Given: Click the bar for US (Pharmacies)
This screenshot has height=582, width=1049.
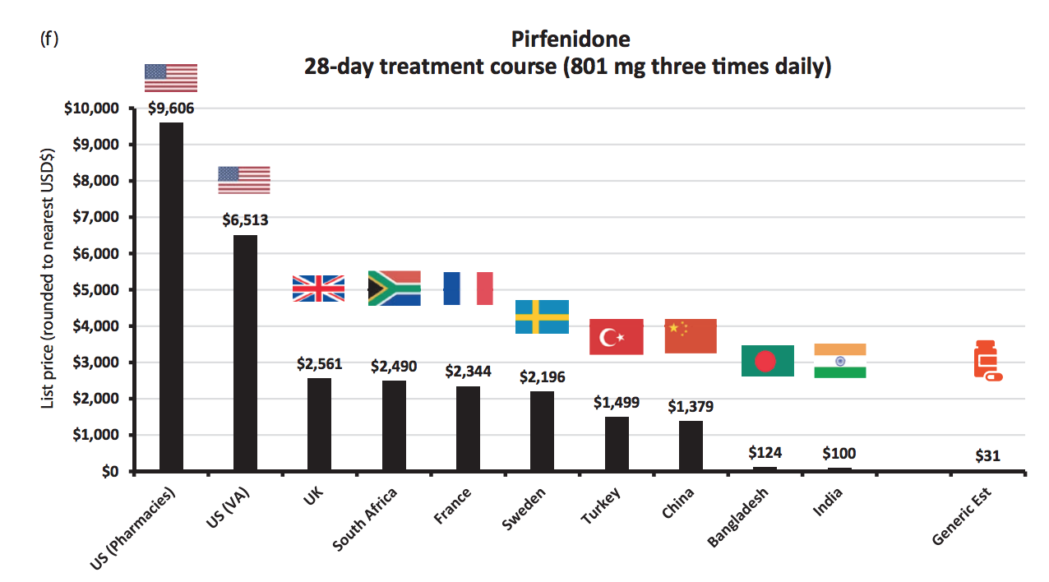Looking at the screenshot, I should pyautogui.click(x=171, y=296).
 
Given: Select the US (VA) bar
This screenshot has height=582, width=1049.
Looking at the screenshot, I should pyautogui.click(x=245, y=353).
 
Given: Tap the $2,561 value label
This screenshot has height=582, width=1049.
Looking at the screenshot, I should pyautogui.click(x=320, y=364).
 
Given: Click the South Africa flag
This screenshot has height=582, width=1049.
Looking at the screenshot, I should pyautogui.click(x=395, y=289).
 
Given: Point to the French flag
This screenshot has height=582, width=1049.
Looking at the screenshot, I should pyautogui.click(x=468, y=289).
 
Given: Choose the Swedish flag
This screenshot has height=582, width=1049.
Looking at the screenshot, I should pyautogui.click(x=542, y=316).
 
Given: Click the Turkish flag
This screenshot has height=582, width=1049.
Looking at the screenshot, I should pyautogui.click(x=617, y=336).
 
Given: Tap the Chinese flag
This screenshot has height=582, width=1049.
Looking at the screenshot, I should pyautogui.click(x=691, y=336).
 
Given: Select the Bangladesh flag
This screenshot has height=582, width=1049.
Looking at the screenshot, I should pyautogui.click(x=767, y=361).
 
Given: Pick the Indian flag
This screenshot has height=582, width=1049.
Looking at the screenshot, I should pyautogui.click(x=840, y=361).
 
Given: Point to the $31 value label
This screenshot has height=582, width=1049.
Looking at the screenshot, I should pyautogui.click(x=987, y=455).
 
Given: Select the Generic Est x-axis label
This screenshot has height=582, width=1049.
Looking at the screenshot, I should pyautogui.click(x=963, y=517).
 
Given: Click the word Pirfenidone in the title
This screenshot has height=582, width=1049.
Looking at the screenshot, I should pyautogui.click(x=571, y=39).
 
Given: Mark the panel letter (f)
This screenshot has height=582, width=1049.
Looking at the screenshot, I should pyautogui.click(x=49, y=39).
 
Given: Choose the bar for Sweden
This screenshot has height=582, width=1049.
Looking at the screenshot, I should pyautogui.click(x=542, y=431).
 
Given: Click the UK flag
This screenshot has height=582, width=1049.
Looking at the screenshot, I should pyautogui.click(x=319, y=289).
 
